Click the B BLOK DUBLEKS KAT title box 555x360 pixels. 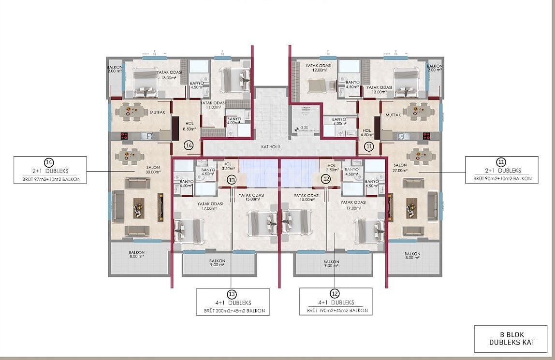point(511,338)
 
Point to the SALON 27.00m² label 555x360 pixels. point(400,168)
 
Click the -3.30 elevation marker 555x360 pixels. point(304,128)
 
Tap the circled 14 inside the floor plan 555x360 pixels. point(189,145)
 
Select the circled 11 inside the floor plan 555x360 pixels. point(369,145)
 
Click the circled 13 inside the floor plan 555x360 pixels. point(232,180)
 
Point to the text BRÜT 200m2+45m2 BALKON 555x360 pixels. point(233,311)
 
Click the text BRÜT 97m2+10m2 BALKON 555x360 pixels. point(50,179)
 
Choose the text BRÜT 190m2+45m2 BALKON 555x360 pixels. point(336,311)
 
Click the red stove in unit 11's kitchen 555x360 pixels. point(426,136)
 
